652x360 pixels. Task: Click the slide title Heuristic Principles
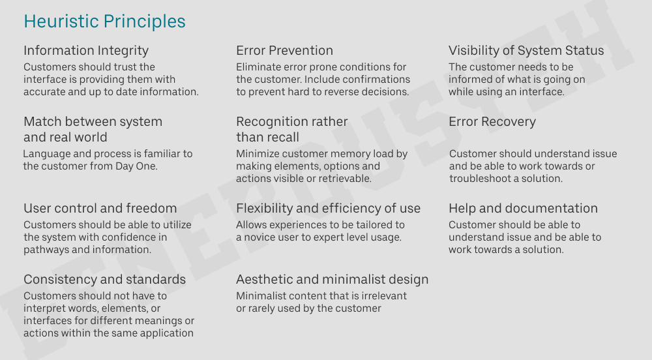[104, 22]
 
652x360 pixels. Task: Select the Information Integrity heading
[86, 51]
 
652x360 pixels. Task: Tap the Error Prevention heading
[284, 51]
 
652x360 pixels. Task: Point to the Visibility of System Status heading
[526, 51]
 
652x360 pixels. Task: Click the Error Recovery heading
[492, 122]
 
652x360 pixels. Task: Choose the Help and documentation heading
[523, 209]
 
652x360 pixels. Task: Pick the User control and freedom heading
[100, 209]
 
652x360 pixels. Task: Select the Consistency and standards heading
[104, 280]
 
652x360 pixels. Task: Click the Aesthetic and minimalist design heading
[332, 280]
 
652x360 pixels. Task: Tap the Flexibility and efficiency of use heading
[328, 209]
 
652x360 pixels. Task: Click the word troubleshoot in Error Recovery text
[481, 179]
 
